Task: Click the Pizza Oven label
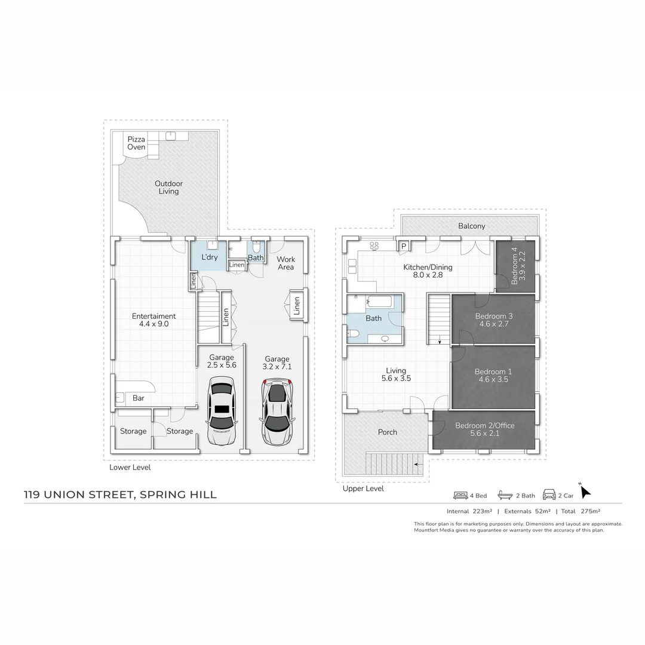136,143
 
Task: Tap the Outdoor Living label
168,188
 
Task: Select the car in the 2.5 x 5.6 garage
222,410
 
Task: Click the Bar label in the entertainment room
139,398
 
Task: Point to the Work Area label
285,263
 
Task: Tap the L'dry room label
210,257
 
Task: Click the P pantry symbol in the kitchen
404,246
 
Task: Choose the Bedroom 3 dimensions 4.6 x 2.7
494,324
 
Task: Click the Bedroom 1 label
493,371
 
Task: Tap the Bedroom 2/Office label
484,426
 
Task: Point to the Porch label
388,432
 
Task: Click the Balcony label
471,226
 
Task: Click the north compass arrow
585,491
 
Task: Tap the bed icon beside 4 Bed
460,496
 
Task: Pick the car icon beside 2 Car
549,495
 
